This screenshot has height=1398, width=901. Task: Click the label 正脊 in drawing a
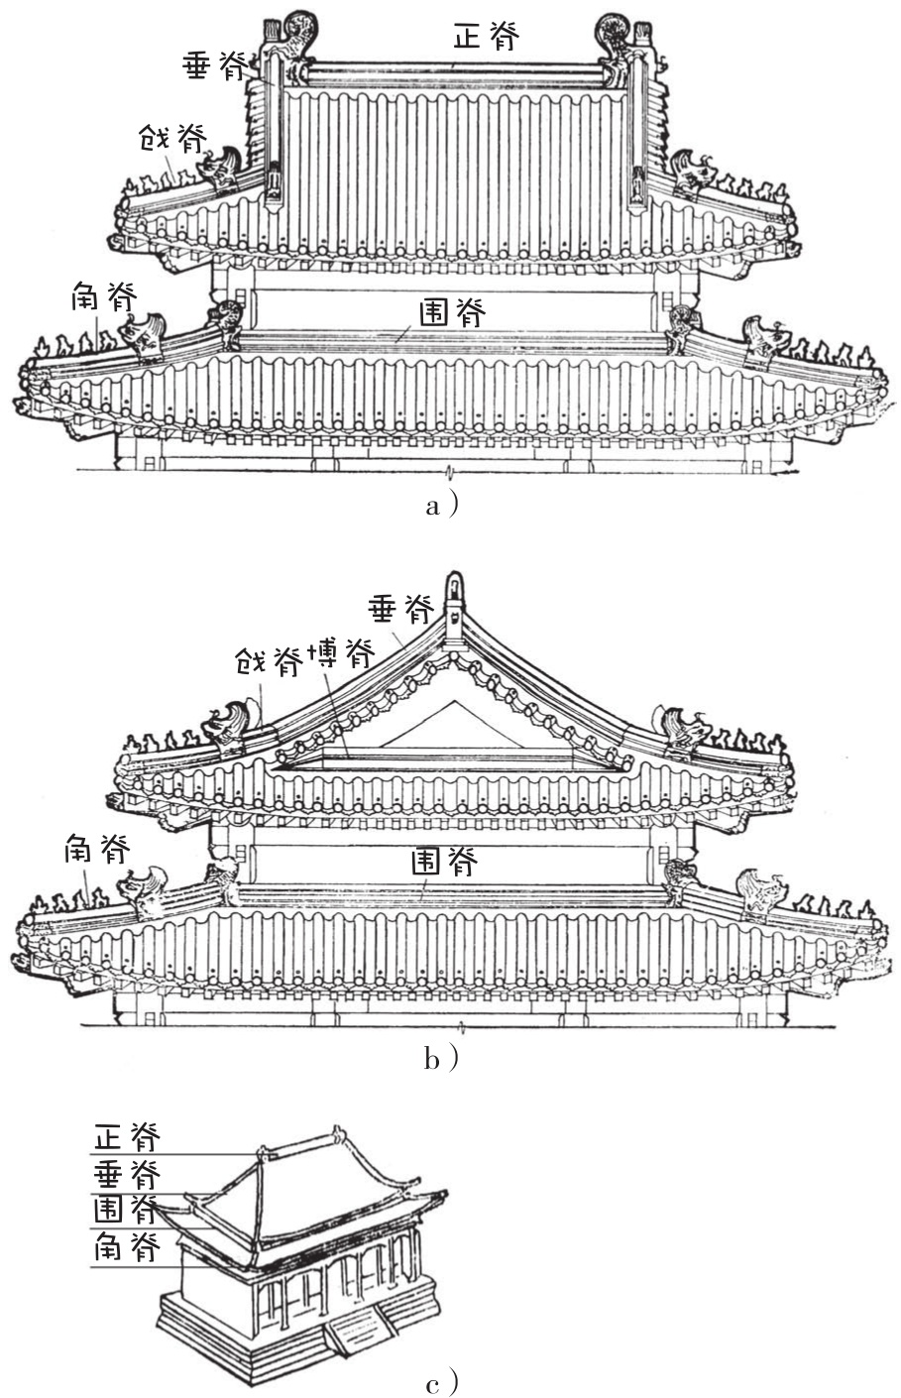(x=487, y=38)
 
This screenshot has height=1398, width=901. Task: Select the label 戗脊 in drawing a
(x=171, y=138)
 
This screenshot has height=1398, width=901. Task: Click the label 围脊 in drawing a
(x=452, y=314)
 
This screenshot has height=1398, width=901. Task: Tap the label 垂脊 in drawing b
(x=400, y=609)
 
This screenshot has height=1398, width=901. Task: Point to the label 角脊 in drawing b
(x=97, y=849)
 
